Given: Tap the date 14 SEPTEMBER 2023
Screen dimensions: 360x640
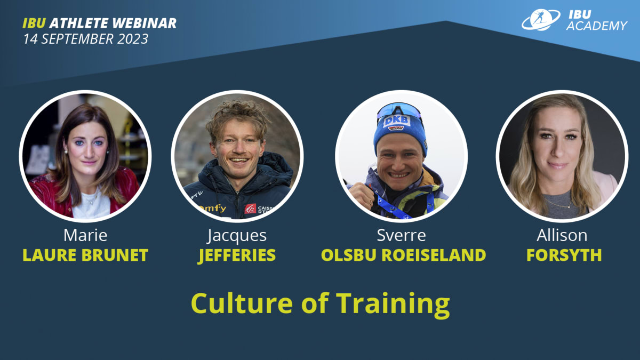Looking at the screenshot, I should [x=85, y=39].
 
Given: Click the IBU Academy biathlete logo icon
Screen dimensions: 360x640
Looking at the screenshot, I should [x=540, y=19].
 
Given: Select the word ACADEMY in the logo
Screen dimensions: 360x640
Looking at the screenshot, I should [x=596, y=26].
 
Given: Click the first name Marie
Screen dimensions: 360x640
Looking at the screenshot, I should [x=85, y=235].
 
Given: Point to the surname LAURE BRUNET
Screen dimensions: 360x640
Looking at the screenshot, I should [x=85, y=255].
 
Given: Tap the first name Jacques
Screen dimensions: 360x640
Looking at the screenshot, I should [x=237, y=235].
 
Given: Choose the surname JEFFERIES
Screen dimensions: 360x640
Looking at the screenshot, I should [x=237, y=255].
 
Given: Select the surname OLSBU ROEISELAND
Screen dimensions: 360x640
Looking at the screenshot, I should [x=403, y=255].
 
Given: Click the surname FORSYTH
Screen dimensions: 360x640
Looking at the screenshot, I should [x=564, y=255].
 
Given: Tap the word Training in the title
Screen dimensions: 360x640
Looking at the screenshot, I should [x=393, y=303].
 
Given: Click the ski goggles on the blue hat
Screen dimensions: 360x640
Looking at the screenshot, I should [x=399, y=110].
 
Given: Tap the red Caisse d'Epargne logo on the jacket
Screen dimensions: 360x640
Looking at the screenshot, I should [x=250, y=209].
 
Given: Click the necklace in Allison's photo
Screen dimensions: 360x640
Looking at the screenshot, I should [x=560, y=203].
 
